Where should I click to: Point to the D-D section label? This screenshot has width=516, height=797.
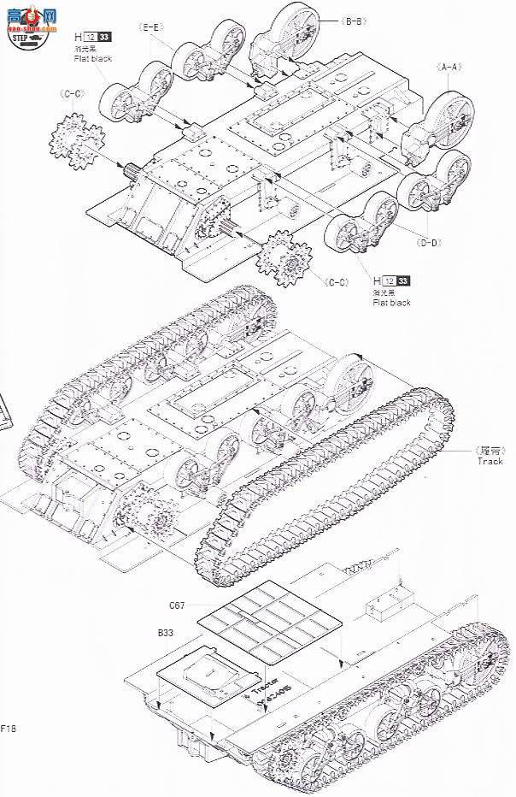(428, 244)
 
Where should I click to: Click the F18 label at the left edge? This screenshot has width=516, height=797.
(9, 729)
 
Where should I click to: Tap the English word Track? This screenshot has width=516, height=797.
(490, 461)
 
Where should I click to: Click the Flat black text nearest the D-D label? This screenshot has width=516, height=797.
(392, 303)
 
